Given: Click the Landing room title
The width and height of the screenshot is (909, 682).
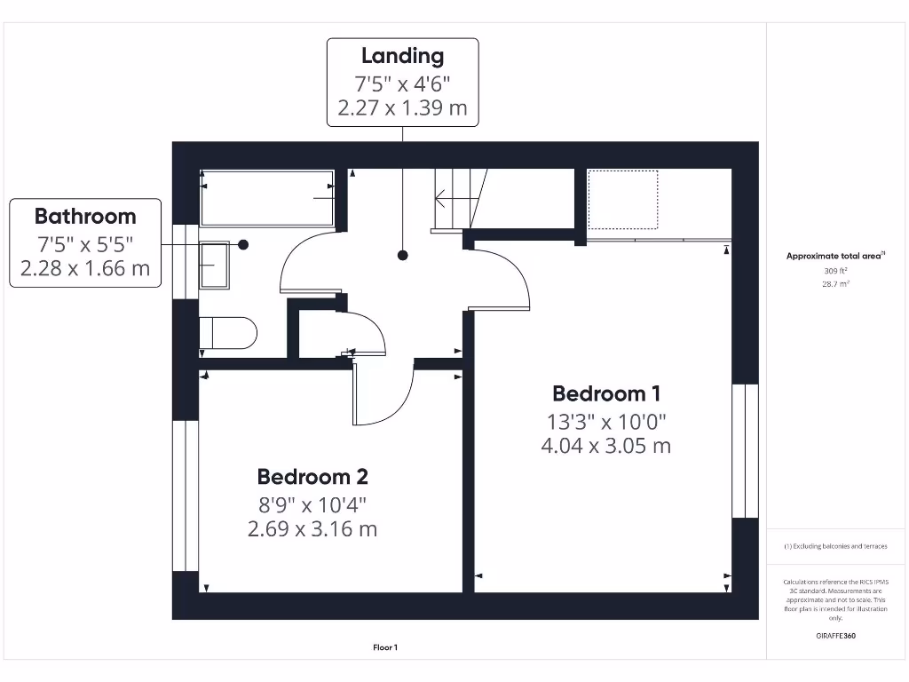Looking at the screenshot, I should (x=402, y=56).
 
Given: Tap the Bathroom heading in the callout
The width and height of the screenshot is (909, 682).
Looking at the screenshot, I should (x=85, y=216).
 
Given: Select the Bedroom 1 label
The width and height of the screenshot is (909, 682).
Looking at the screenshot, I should (x=606, y=393).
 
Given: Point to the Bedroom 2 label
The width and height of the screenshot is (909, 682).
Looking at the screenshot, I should (x=312, y=477).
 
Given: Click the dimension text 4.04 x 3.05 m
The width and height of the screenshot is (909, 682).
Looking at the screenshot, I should (x=606, y=446).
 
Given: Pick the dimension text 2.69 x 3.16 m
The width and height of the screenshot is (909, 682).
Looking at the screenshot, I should (x=312, y=529).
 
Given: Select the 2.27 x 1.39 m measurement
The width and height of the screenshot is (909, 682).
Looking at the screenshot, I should (x=402, y=109).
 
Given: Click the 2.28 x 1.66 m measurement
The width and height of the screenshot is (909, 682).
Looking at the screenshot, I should (x=85, y=268).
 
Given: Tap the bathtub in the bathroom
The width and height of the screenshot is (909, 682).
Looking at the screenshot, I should (x=266, y=199).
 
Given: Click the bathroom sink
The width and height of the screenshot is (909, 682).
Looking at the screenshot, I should (x=213, y=265).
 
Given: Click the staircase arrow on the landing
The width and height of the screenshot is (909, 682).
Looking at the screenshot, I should (x=451, y=200).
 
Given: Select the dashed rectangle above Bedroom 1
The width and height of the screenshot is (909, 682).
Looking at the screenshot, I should (x=622, y=201).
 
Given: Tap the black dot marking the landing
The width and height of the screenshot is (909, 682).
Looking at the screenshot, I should (x=403, y=256).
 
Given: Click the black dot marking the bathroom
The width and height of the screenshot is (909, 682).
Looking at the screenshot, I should (x=243, y=244).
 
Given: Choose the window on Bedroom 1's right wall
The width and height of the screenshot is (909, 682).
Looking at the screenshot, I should (x=745, y=451).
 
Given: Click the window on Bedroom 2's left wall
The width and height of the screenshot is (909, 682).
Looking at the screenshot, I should (x=185, y=496).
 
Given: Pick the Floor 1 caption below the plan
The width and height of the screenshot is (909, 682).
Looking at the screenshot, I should (x=385, y=648).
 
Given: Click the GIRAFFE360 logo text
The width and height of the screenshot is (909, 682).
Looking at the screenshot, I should (x=834, y=636).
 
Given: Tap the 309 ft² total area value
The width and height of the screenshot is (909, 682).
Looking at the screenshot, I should (x=834, y=271).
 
